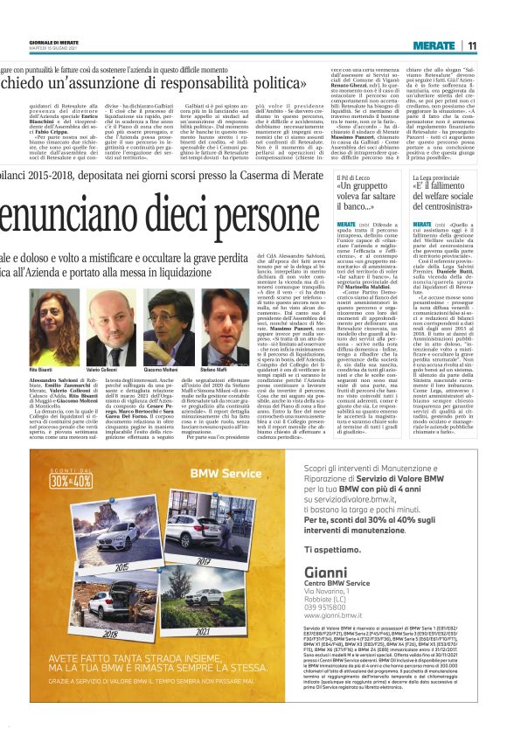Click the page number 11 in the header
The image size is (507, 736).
[x=471, y=45]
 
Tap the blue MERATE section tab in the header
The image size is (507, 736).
[x=434, y=45]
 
